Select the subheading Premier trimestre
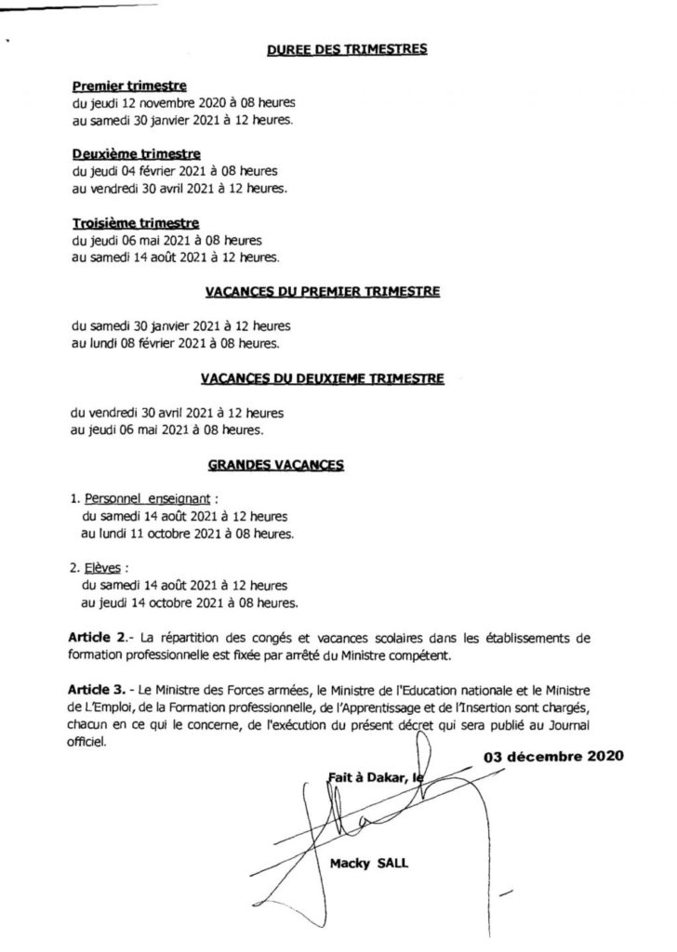(x=129, y=86)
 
